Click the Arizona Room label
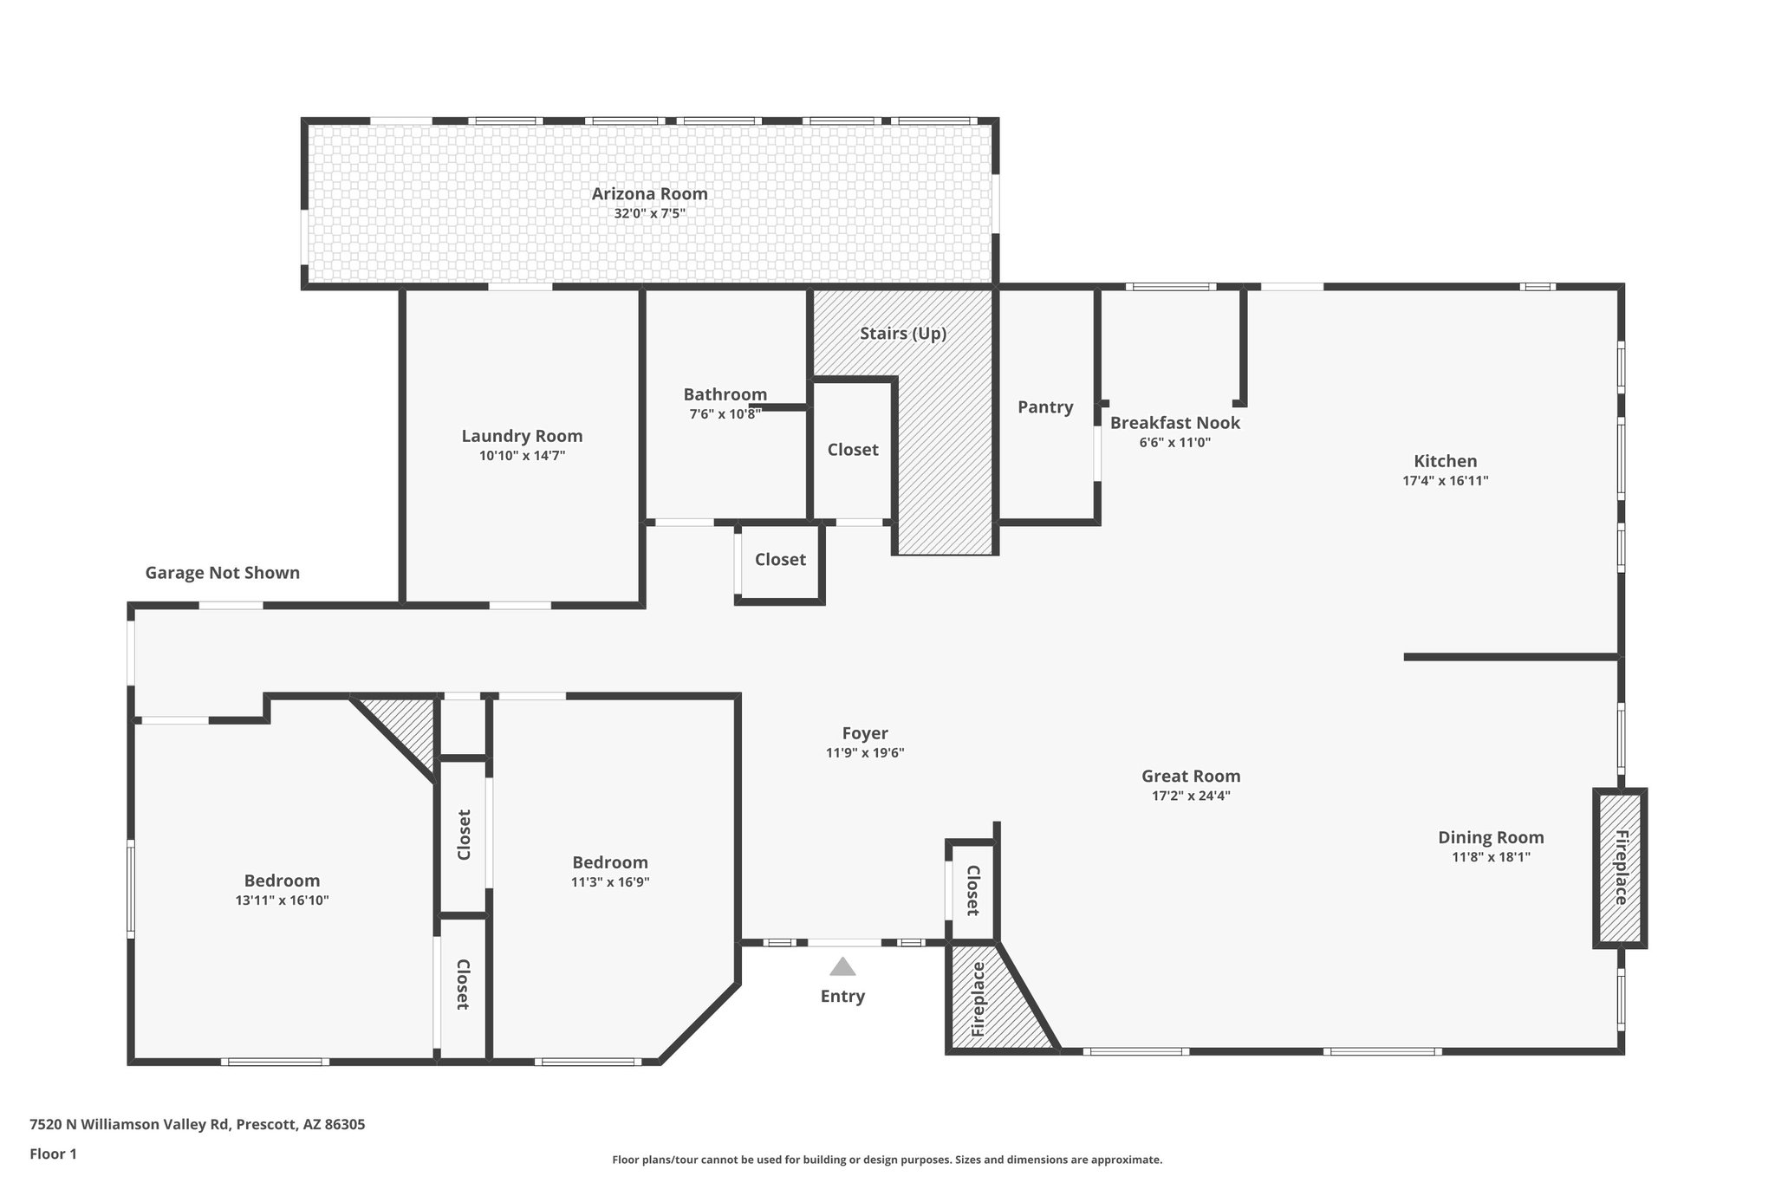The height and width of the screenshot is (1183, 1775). tap(649, 194)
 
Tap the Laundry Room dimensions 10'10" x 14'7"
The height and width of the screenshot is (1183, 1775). tap(522, 456)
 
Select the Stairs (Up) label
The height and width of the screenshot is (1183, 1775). tap(902, 334)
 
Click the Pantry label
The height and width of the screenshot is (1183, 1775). tap(1044, 407)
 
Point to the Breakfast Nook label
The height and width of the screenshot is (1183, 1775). tap(1174, 423)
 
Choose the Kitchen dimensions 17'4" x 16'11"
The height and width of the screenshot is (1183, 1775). tap(1445, 481)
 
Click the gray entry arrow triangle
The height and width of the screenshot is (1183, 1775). tap(842, 966)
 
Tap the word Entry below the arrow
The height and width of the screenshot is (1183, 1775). tap(842, 997)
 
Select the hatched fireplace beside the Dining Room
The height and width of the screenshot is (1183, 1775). tap(1619, 868)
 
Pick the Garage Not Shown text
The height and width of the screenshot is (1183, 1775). tap(222, 573)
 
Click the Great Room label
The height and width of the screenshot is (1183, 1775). tap(1190, 777)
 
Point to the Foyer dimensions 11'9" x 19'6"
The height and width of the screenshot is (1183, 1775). tap(864, 753)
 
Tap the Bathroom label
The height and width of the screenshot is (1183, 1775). tap(725, 395)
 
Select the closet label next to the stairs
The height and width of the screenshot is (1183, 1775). tap(852, 450)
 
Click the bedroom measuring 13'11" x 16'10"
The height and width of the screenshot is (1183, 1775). tap(282, 881)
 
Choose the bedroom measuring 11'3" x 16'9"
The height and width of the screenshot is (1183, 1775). tap(610, 863)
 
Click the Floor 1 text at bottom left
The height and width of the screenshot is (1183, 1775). tap(53, 1154)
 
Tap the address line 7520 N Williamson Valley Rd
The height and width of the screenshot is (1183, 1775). tap(197, 1125)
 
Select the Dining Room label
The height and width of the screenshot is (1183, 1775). tap(1490, 838)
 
